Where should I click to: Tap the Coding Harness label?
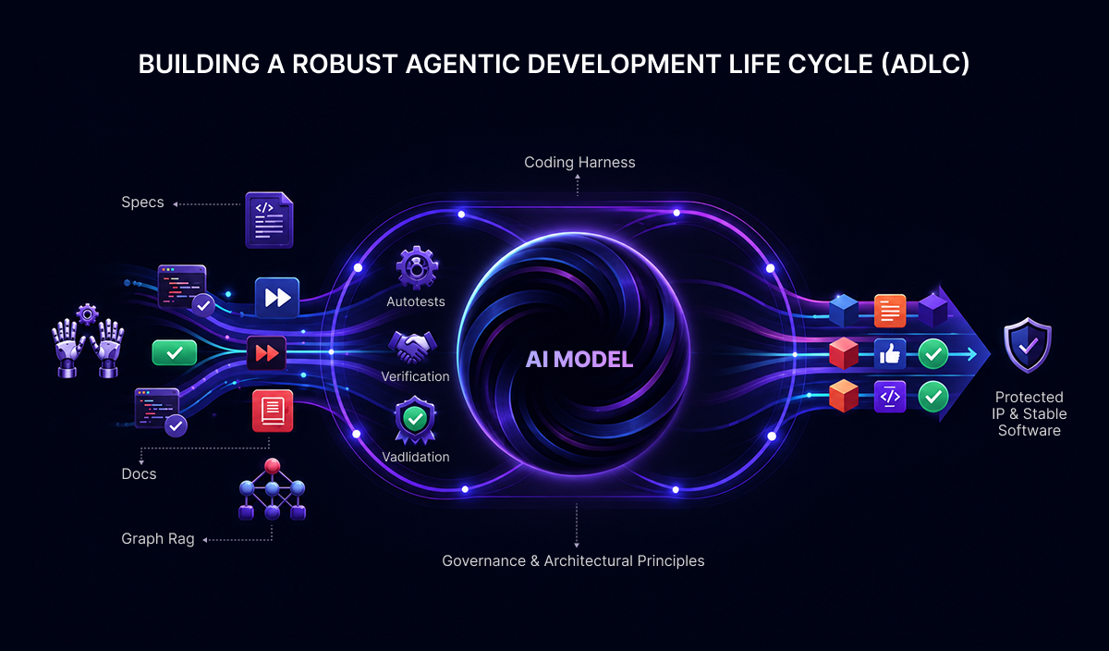point(579,163)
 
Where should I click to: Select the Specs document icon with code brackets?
point(269,220)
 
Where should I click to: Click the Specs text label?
point(142,203)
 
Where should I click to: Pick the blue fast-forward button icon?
point(277,297)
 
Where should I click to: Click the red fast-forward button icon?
point(266,353)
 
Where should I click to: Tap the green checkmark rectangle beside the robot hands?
point(175,352)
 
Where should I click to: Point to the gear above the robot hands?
point(87,314)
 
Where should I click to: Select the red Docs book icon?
point(273,411)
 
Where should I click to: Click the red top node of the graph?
point(272,466)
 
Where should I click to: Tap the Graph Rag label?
point(158,538)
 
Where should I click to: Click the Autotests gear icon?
point(417,267)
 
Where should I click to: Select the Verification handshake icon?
point(412,347)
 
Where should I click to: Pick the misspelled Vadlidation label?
point(415,457)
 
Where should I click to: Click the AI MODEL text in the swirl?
point(579,359)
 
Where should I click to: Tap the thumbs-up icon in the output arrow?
point(890,354)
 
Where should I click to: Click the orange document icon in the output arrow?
point(890,311)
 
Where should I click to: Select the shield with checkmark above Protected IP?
point(1028,345)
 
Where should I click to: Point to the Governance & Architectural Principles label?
point(573,560)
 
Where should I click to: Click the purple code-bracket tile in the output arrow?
point(890,397)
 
